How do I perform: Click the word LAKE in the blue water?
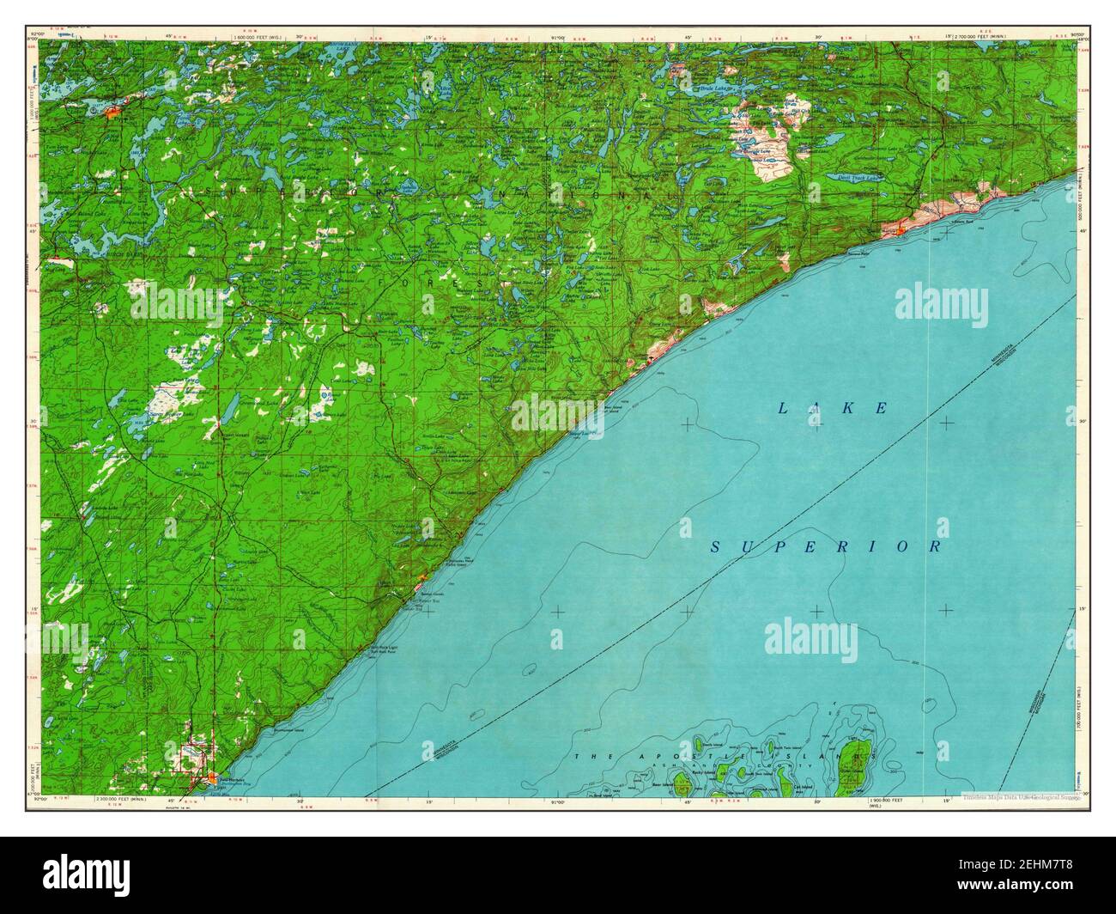[832, 408]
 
